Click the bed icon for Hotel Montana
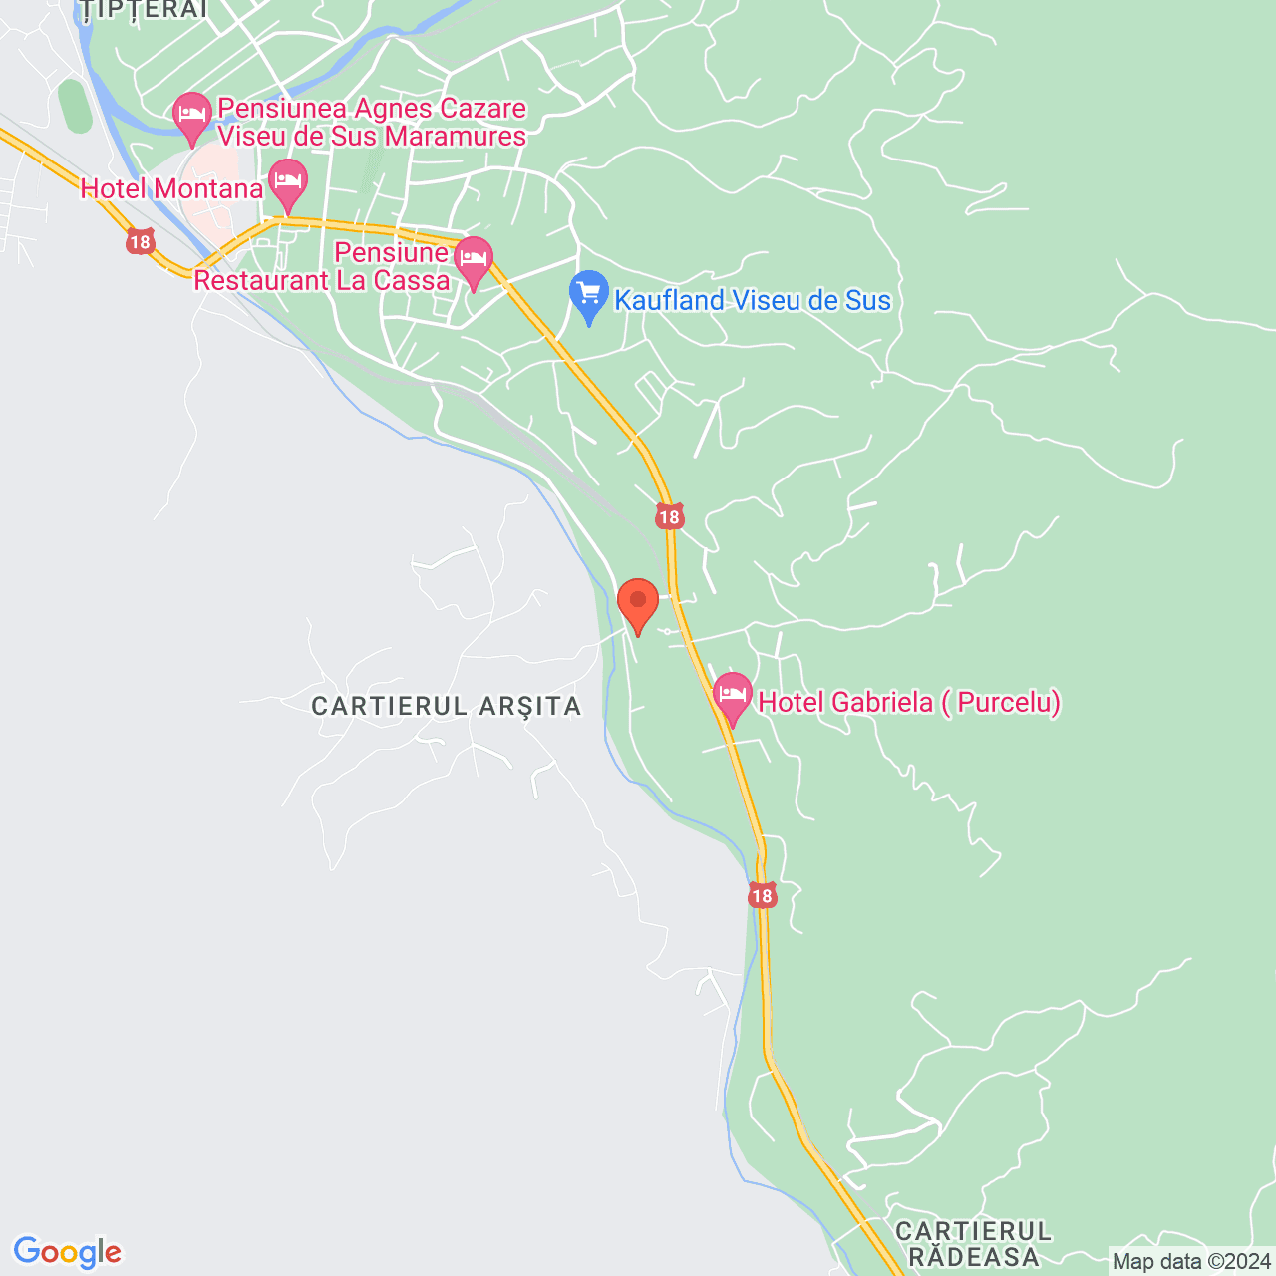[x=288, y=181]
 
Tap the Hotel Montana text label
[x=171, y=188]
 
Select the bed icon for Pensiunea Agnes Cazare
[x=191, y=113]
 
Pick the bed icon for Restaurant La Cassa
[x=474, y=259]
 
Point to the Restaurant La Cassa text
[x=321, y=280]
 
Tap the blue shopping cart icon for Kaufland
[x=589, y=293]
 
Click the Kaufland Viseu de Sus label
[x=752, y=300]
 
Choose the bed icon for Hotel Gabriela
[x=733, y=694]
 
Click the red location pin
[x=638, y=602]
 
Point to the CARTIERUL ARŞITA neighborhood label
[x=446, y=706]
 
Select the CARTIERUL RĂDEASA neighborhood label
[x=973, y=1244]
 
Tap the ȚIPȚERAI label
[x=145, y=10]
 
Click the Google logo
[x=67, y=1252]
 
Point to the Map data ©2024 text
[x=1191, y=1261]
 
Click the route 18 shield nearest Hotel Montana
[x=141, y=241]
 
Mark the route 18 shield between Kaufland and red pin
[x=669, y=516]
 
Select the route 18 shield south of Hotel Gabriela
[x=762, y=895]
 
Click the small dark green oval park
[x=74, y=106]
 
